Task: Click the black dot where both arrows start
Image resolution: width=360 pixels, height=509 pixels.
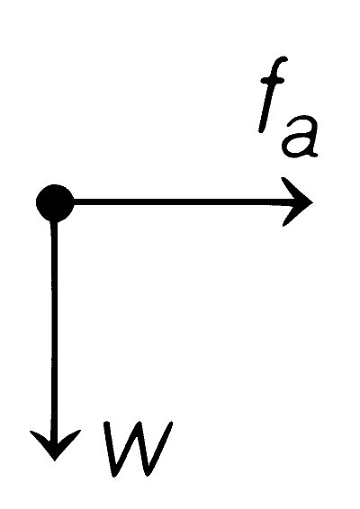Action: (x=55, y=203)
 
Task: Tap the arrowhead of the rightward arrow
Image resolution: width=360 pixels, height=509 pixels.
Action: (x=296, y=202)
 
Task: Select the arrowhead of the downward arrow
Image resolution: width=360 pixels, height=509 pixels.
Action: (x=55, y=445)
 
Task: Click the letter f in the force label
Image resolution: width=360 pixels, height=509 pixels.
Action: (x=273, y=94)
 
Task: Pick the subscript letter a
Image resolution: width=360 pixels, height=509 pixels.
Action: (x=300, y=137)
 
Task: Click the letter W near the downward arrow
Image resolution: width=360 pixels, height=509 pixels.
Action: (x=138, y=449)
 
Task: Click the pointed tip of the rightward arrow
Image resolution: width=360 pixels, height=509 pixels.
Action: (x=312, y=202)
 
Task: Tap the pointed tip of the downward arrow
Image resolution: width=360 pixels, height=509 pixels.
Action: (x=55, y=460)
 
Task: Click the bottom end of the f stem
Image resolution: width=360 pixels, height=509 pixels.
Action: (x=261, y=129)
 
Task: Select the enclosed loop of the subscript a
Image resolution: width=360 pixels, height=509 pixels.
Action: (x=295, y=144)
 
